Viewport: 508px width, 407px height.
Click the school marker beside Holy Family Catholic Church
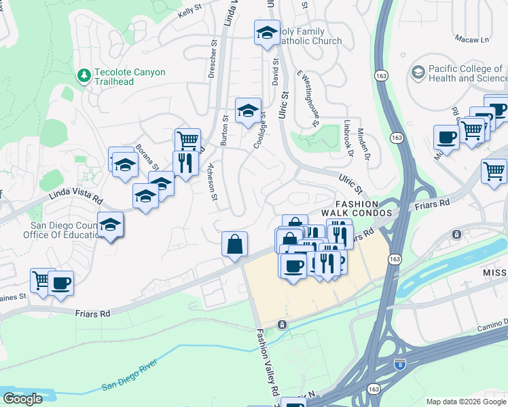click(x=267, y=33)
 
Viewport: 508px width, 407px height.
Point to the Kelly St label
click(x=191, y=12)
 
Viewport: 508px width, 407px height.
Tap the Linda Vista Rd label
click(x=75, y=197)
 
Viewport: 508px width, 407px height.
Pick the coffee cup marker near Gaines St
click(x=60, y=284)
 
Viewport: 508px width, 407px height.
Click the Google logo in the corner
click(x=22, y=399)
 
